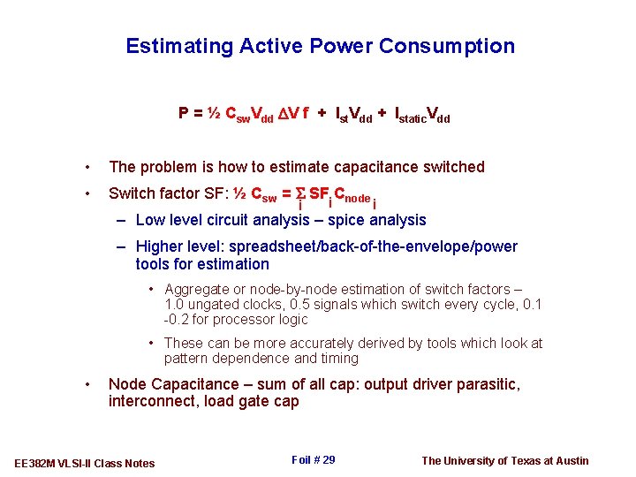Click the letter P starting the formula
(x=184, y=113)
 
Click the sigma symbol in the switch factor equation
(x=299, y=193)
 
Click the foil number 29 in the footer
(x=328, y=460)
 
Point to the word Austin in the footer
(x=570, y=460)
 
